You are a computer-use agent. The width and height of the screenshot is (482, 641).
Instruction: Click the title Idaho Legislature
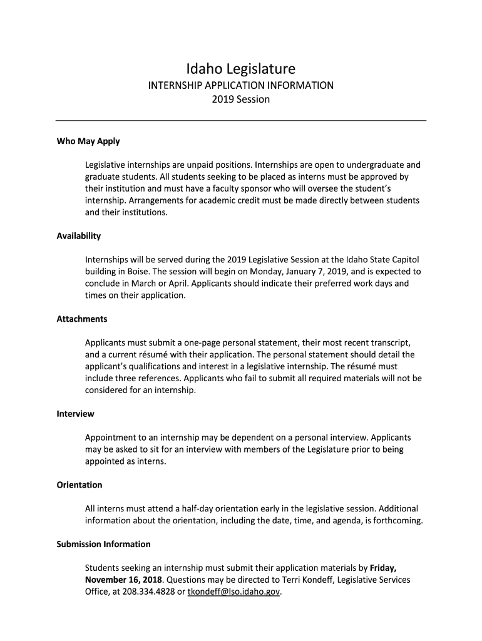(x=241, y=68)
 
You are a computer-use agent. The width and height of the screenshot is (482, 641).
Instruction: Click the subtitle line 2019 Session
(x=241, y=100)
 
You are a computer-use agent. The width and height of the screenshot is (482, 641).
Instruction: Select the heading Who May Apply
(x=88, y=141)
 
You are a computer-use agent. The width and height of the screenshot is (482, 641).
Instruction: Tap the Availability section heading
(x=79, y=236)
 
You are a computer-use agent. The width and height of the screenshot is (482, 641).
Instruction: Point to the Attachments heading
(x=82, y=319)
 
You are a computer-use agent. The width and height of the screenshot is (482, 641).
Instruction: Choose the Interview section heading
(x=76, y=414)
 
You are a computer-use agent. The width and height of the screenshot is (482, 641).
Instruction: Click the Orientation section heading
(x=79, y=485)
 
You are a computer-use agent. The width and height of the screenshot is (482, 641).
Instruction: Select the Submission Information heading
(x=104, y=544)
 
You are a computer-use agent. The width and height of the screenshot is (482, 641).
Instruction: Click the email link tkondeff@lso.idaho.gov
(x=235, y=592)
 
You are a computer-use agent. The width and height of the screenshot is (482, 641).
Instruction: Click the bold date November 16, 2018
(x=123, y=580)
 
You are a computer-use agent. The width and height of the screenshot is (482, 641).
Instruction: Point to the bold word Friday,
(x=383, y=568)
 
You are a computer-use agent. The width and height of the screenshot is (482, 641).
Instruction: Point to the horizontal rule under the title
(x=241, y=120)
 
